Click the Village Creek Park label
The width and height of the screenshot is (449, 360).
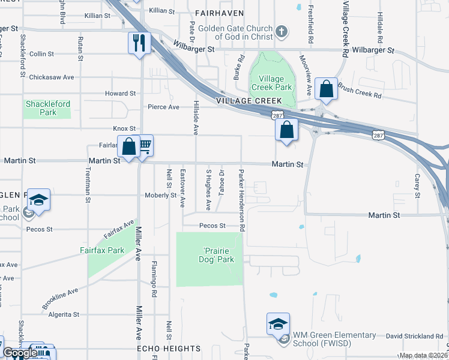coord(275,83)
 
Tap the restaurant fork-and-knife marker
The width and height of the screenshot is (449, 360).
coord(138,43)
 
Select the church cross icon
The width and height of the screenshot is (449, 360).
coord(280,31)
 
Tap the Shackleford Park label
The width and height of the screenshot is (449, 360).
coord(47,108)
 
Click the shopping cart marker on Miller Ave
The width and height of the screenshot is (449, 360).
coord(145,146)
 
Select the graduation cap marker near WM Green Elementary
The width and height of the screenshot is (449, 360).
coord(278,324)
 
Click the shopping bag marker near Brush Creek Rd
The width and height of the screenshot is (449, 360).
coord(326,89)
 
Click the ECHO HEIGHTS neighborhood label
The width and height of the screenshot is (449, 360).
coord(169,349)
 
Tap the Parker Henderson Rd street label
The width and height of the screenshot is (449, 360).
coord(242,200)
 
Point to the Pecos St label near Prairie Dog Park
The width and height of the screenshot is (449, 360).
coord(213,226)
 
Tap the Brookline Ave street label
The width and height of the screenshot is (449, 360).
coord(60,296)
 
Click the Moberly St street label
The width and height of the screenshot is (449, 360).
coord(160,196)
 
